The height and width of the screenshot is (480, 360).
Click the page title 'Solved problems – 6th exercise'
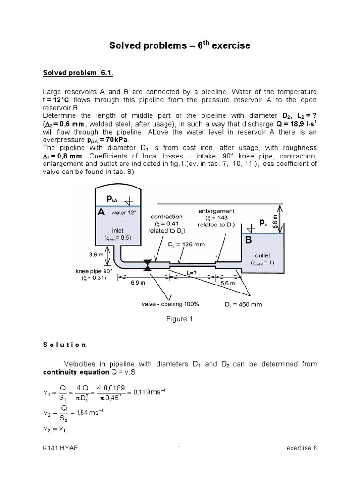[180, 45]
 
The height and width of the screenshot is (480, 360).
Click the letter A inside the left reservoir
[101, 212]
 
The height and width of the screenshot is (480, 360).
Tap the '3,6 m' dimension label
[96, 255]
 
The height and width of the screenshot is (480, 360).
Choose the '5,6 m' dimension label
[228, 283]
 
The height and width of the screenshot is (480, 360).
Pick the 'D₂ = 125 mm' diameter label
[187, 244]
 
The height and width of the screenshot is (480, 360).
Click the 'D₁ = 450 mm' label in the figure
[243, 304]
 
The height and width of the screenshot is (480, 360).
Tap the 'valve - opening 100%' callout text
[170, 304]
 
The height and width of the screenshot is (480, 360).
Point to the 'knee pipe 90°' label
[95, 271]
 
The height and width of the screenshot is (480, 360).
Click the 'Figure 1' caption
[180, 319]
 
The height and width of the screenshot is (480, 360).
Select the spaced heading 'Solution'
[65, 345]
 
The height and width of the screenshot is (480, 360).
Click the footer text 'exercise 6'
[301, 448]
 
